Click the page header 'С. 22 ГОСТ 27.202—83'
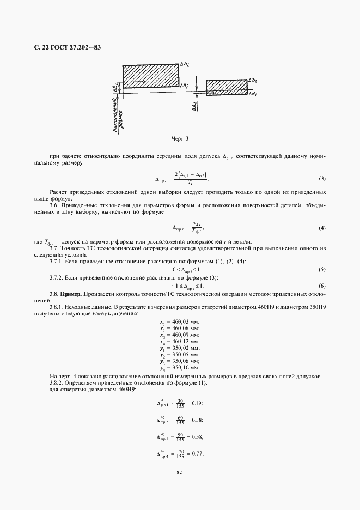(64, 48)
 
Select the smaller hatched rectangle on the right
(226, 87)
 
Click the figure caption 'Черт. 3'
(180, 138)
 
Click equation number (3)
(322, 179)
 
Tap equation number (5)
(322, 270)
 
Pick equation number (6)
(322, 286)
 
